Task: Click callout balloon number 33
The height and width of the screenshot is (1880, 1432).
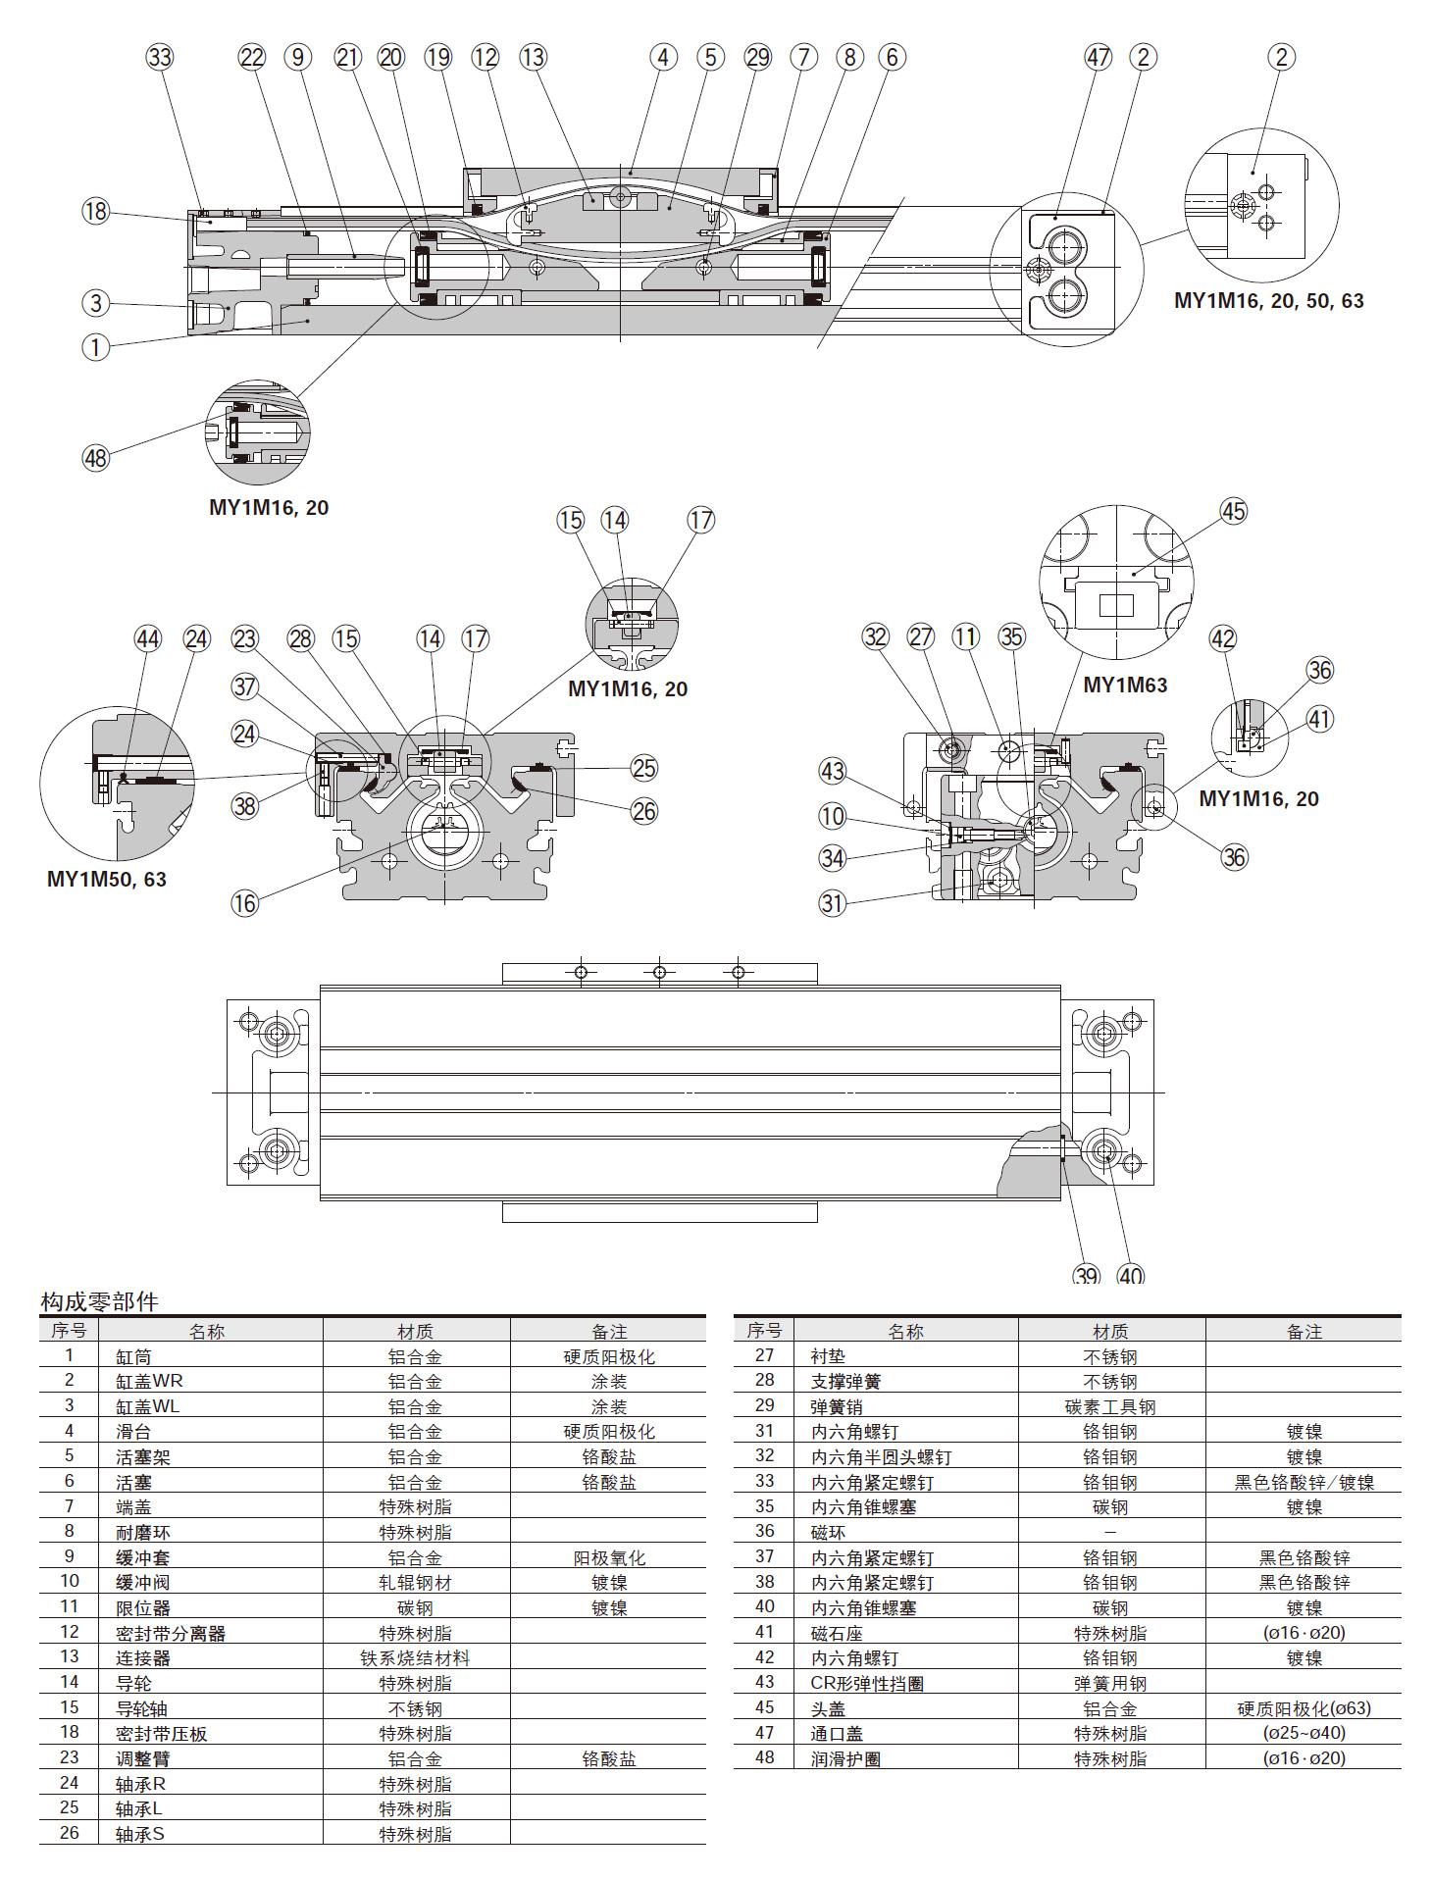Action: click(160, 57)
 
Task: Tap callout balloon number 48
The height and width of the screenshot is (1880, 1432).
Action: click(95, 457)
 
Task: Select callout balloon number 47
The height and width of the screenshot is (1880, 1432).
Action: click(1098, 57)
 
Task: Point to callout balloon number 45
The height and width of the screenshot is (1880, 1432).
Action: click(1233, 511)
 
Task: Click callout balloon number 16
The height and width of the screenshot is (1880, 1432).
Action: click(244, 903)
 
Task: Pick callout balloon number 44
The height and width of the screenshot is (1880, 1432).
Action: click(148, 638)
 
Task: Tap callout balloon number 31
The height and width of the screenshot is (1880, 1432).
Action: click(832, 903)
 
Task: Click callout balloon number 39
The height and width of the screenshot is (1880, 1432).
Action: click(1086, 1275)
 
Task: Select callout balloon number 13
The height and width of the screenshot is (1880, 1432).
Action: click(533, 57)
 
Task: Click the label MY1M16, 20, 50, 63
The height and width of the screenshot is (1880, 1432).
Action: click(1268, 301)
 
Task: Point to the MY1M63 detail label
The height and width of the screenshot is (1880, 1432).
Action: click(1125, 685)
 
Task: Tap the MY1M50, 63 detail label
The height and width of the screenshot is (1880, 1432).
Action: click(107, 879)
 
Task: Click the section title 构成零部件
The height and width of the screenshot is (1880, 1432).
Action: click(99, 1301)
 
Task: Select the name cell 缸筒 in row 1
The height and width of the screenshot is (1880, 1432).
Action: click(133, 1356)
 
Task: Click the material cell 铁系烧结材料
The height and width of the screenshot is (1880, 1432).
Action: click(415, 1658)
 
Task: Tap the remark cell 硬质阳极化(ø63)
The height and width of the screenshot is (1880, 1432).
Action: click(1304, 1708)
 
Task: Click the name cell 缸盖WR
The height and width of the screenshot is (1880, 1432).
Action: click(149, 1381)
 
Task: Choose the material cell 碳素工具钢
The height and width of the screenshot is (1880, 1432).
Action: click(1110, 1406)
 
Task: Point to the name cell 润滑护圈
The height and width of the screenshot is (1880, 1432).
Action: click(845, 1759)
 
